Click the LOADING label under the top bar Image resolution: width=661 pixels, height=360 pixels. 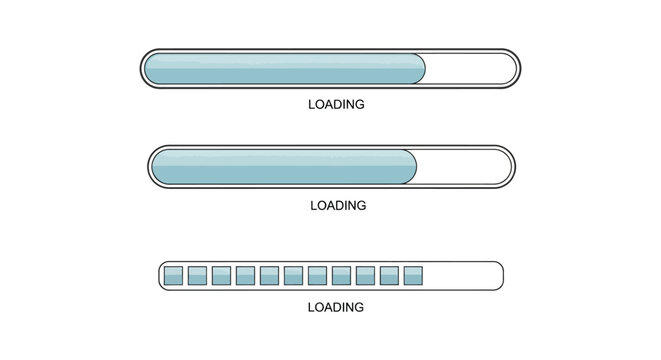pos(335,104)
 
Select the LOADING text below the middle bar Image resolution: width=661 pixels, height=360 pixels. pos(338,205)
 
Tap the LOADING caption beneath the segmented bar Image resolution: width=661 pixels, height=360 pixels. pos(335,307)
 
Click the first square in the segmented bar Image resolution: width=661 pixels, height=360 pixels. pos(172,275)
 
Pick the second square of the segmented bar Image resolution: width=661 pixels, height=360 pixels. pos(196,275)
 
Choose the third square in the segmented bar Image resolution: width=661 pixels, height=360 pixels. pos(221,275)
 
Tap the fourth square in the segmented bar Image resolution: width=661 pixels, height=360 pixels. pos(245,275)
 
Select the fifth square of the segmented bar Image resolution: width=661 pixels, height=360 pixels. pos(269,275)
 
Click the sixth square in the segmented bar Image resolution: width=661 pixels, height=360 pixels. pos(293,275)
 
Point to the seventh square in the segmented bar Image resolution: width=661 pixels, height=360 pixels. pos(318,275)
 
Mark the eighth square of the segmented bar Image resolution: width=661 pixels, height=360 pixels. pos(342,275)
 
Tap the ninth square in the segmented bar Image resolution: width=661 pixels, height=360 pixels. pos(366,275)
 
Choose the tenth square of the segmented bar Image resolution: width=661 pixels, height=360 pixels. pos(390,275)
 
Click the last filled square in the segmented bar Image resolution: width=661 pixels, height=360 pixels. pos(414,275)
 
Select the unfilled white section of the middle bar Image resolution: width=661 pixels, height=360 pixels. pos(462,166)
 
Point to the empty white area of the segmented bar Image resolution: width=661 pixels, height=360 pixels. pos(463,275)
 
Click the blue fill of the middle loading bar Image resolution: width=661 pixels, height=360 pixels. pos(280,166)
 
